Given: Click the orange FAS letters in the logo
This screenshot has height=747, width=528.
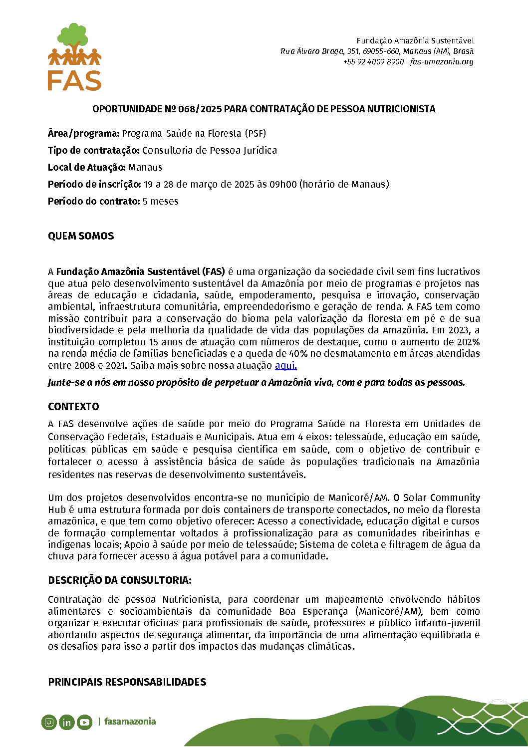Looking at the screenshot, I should [x=74, y=80].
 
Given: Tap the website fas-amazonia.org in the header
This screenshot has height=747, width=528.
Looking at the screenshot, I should [x=442, y=62].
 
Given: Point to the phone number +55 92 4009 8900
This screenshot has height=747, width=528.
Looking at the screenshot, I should [x=373, y=62].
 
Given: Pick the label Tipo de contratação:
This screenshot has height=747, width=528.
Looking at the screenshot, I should [x=94, y=151].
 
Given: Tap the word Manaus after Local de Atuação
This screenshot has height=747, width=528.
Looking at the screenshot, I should [x=145, y=168].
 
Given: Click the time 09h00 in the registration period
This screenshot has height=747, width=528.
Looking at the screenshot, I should [x=283, y=185].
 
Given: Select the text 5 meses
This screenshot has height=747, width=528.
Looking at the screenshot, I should [x=160, y=202].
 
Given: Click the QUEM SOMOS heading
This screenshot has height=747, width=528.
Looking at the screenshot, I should [x=81, y=237].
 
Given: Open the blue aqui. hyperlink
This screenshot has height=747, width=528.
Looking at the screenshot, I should [x=286, y=366].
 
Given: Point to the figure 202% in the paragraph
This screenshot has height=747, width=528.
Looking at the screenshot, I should [x=468, y=342].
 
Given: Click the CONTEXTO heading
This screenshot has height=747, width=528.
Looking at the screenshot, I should [x=73, y=407].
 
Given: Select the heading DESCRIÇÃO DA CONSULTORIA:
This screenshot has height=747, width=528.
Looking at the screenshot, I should [x=120, y=580].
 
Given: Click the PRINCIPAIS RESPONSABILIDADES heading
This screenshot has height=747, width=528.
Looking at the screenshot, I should [x=127, y=682].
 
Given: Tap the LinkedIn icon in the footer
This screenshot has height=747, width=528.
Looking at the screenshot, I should [x=66, y=722].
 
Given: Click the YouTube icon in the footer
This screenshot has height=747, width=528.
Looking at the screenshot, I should [x=84, y=722].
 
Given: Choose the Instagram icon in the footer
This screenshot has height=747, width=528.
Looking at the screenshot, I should [x=49, y=722].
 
